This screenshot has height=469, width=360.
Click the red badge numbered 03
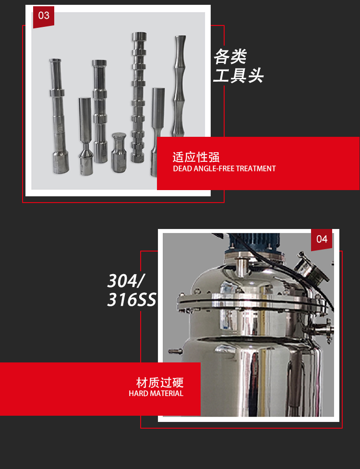[x=44, y=16]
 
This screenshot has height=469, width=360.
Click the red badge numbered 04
[x=322, y=239]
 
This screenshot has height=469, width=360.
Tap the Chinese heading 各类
[x=230, y=57]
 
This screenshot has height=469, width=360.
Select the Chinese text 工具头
[x=238, y=75]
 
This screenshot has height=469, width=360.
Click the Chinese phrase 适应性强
[x=196, y=157]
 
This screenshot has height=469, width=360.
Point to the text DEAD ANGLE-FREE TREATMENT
[x=224, y=169]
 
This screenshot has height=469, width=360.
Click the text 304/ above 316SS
[x=125, y=280]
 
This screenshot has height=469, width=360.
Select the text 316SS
[x=132, y=300]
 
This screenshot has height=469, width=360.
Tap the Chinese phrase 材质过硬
[x=160, y=383]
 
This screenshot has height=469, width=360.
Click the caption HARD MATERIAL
[x=156, y=394]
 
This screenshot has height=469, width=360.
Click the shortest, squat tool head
[x=119, y=152]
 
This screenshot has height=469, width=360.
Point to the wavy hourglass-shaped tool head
[x=180, y=86]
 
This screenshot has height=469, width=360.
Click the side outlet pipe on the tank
[x=322, y=330]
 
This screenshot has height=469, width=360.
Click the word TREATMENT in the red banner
[x=256, y=169]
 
